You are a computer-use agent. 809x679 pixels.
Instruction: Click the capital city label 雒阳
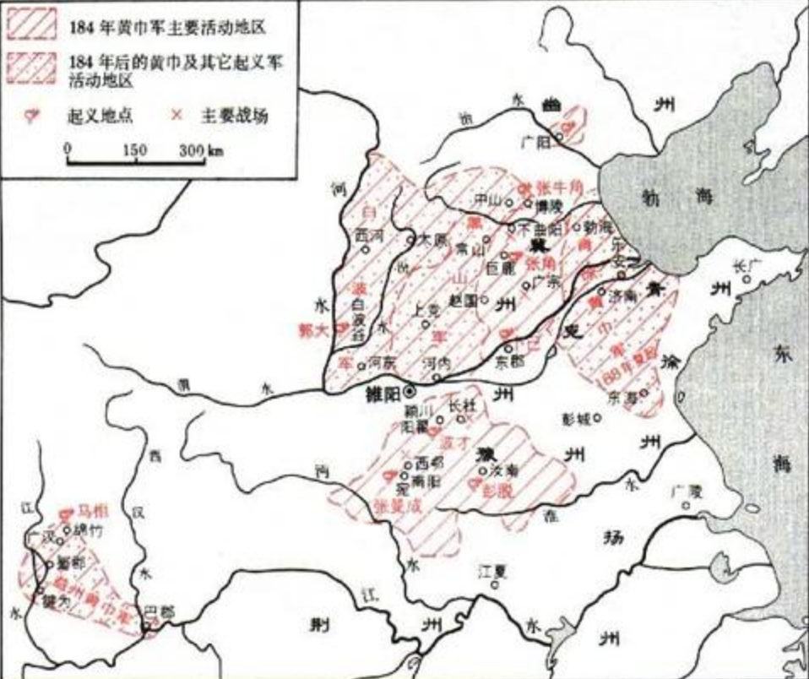[377, 393]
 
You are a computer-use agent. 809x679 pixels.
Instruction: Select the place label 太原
[432, 239]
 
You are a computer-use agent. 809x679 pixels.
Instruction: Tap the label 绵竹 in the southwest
[82, 532]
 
